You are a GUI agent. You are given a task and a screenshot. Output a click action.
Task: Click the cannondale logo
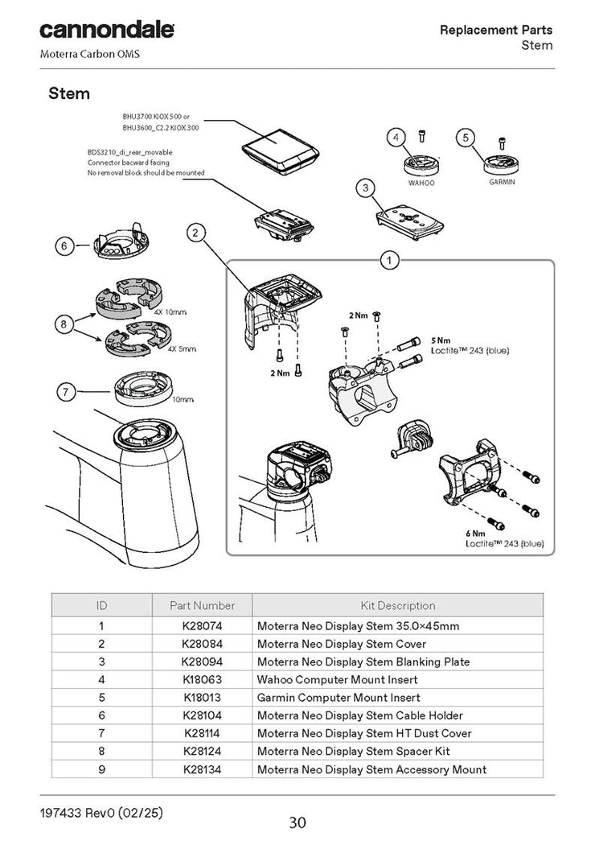(107, 31)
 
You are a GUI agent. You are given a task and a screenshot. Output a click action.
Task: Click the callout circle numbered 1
(389, 260)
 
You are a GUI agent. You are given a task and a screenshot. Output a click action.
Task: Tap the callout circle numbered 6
(64, 246)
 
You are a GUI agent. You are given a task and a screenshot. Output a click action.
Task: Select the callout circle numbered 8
(64, 324)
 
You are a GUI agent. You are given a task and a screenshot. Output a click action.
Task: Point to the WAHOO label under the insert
(421, 183)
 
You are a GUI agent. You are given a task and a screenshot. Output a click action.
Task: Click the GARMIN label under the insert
(502, 182)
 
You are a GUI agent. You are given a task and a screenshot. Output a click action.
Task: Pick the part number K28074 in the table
(202, 626)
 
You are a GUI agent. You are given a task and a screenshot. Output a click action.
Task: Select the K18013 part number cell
(202, 698)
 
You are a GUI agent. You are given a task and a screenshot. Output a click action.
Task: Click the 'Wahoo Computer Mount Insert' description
(337, 679)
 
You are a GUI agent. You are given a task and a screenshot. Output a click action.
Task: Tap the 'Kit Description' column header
(398, 605)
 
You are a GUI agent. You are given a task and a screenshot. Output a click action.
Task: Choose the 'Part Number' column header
(202, 605)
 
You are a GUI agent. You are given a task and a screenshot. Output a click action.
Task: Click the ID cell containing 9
(101, 769)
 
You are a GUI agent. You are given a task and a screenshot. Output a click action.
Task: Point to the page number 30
(297, 822)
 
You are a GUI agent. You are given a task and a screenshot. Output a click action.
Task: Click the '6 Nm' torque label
(475, 534)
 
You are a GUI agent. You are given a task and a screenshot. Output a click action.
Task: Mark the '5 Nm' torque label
(441, 340)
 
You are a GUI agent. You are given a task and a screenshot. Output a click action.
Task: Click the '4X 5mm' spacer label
(182, 348)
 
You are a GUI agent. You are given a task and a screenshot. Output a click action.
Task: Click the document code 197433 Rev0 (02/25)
(101, 812)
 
